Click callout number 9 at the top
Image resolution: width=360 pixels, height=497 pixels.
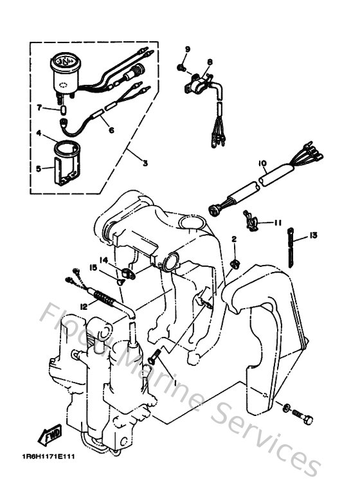188,50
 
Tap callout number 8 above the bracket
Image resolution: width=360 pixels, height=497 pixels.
209,62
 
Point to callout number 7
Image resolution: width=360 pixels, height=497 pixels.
39,108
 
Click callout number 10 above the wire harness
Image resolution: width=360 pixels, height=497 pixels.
263,164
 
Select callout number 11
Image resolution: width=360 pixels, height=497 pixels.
277,222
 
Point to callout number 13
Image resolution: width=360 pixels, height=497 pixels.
313,236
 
